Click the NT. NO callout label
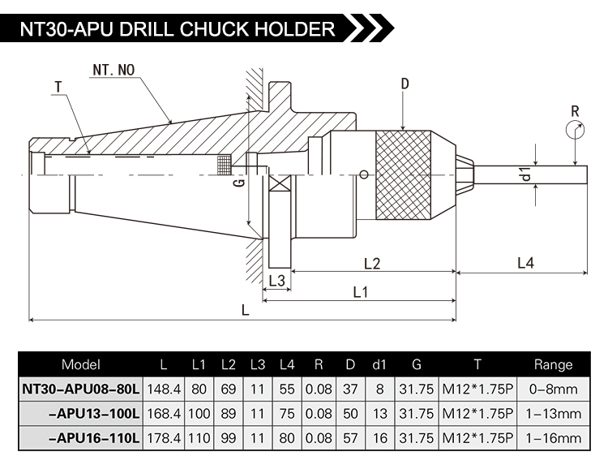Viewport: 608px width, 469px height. tap(113, 71)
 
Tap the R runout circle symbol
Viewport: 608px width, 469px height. tap(575, 129)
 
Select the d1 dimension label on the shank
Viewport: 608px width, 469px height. tap(526, 174)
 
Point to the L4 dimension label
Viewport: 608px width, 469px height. tap(525, 263)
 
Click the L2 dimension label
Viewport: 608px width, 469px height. tap(372, 263)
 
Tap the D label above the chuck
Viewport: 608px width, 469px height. tap(405, 84)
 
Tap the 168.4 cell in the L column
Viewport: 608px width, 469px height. tap(165, 414)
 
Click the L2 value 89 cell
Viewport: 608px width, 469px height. tap(228, 414)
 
